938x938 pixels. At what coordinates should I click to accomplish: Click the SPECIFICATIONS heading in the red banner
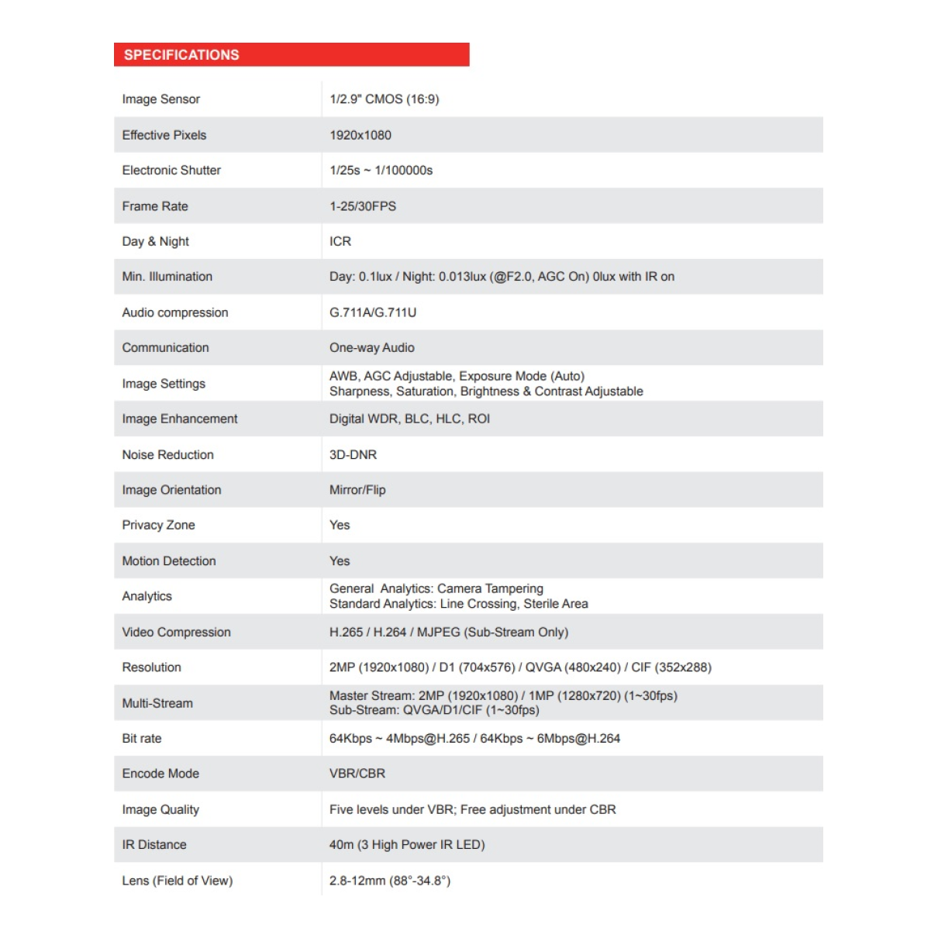click(181, 55)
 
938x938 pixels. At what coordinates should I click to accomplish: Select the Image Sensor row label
click(160, 99)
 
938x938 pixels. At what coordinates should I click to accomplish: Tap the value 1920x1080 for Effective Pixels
click(360, 135)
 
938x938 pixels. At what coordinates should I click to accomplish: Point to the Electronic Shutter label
click(171, 171)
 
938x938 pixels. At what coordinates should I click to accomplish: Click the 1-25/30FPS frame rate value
click(363, 206)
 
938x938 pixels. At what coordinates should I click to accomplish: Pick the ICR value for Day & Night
click(340, 241)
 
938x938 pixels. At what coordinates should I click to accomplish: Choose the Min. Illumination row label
click(167, 277)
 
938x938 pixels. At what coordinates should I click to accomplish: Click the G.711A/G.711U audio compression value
click(373, 312)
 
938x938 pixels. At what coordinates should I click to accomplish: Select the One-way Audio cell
click(372, 348)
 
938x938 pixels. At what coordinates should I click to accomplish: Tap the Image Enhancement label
click(180, 419)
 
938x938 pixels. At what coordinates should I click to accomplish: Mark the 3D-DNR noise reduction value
click(353, 455)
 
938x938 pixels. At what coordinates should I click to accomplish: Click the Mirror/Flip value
click(357, 490)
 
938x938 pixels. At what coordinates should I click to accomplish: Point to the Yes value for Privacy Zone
click(340, 525)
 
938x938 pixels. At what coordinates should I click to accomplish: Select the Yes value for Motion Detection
click(340, 561)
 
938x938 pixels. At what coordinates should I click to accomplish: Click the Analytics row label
click(147, 596)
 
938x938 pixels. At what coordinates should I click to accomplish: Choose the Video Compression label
click(176, 633)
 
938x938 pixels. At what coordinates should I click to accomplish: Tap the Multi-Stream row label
click(157, 703)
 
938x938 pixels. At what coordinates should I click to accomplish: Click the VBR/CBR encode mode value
click(357, 774)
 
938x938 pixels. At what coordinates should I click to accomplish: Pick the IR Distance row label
click(154, 845)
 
